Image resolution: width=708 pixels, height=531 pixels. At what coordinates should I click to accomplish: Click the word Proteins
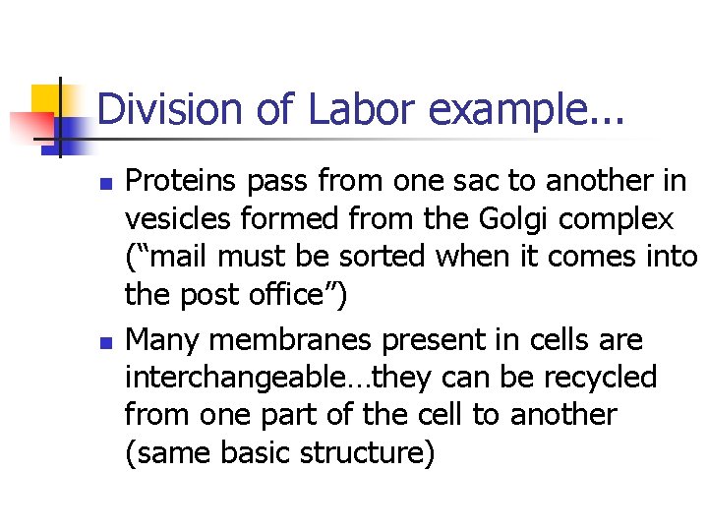pyautogui.click(x=185, y=181)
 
